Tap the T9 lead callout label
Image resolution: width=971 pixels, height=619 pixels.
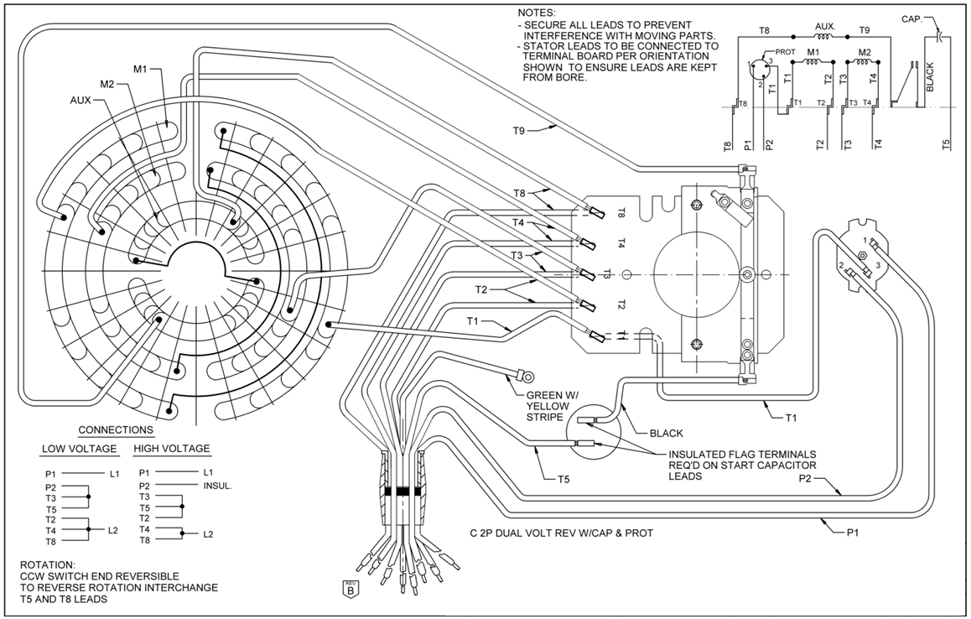click(520, 130)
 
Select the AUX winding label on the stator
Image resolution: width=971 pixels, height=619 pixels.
click(80, 99)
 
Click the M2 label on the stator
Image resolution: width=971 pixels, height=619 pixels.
click(107, 84)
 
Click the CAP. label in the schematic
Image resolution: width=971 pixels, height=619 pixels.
click(913, 18)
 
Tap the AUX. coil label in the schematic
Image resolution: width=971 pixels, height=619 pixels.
click(825, 28)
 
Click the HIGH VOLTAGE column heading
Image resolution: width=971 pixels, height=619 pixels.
click(171, 449)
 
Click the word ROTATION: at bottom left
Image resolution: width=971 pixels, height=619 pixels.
click(48, 564)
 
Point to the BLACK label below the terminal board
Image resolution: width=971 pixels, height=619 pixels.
click(666, 434)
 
